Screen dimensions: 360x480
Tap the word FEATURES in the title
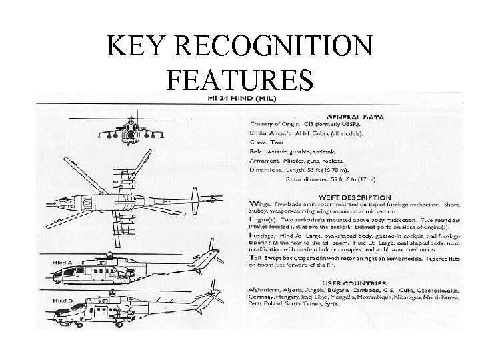coord(240,79)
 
